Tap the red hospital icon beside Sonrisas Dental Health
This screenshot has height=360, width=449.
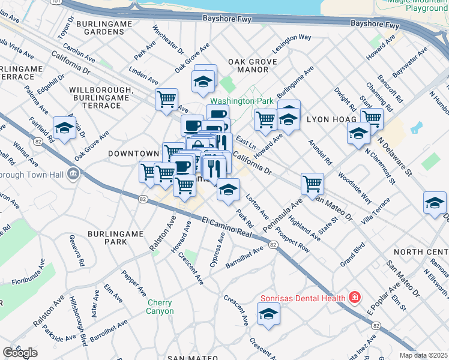[x=355, y=298]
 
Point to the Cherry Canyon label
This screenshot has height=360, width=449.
[x=160, y=307]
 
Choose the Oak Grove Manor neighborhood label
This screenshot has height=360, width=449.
[x=252, y=65]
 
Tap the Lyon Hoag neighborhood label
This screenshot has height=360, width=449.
[x=327, y=119]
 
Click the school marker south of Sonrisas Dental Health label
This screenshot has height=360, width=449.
[x=268, y=313]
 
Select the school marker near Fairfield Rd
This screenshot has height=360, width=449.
[x=64, y=127]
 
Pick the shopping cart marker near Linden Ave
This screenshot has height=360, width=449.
[x=166, y=99]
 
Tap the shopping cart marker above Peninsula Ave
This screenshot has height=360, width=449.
[x=312, y=183]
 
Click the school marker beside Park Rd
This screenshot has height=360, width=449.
[x=228, y=190]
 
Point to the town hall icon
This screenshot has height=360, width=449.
[x=73, y=174]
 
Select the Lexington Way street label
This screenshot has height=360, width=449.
[x=292, y=37]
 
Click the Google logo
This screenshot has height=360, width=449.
[x=20, y=353]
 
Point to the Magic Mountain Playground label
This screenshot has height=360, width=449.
[x=418, y=5]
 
